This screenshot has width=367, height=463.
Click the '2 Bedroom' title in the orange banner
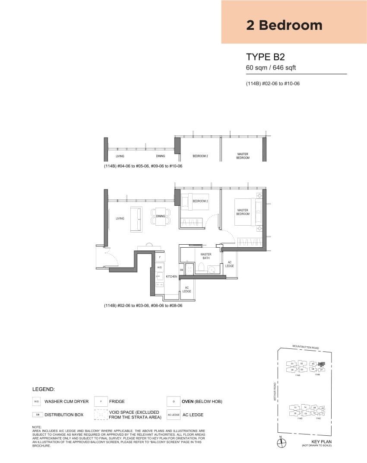tap(284, 25)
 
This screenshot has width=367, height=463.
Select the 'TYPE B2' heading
tap(265, 57)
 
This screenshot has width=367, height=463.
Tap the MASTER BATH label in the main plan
tap(206, 256)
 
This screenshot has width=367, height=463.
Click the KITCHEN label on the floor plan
tap(171, 277)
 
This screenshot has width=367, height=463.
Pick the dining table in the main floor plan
tap(161, 216)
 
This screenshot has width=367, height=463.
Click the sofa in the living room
tap(136, 219)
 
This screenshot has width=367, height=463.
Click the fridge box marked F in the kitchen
tap(160, 257)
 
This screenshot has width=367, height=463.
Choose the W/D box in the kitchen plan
tap(160, 268)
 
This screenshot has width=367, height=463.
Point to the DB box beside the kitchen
tap(182, 270)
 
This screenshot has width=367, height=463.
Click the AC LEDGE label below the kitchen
tap(187, 290)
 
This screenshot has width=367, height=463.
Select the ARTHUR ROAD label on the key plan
tap(274, 391)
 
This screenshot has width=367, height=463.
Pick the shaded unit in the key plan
tap(321, 364)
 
